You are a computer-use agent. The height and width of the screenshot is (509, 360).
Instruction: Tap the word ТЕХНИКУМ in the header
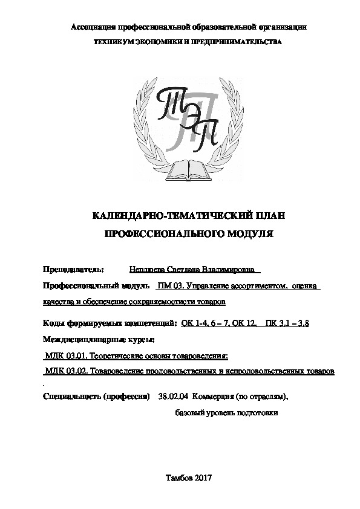(x=110, y=42)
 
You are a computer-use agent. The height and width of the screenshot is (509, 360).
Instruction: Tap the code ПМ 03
(x=169, y=285)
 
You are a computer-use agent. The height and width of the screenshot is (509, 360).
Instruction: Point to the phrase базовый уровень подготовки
(x=226, y=413)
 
